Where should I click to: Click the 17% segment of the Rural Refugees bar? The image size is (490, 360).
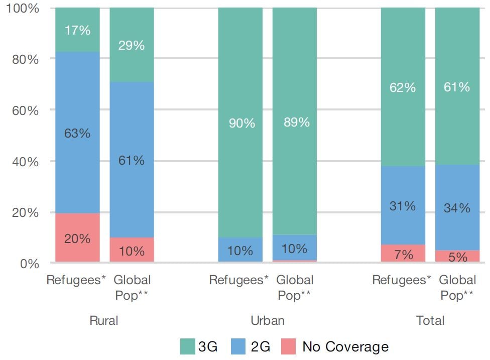coord(78,30)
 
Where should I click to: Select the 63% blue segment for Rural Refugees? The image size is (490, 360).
coord(78,133)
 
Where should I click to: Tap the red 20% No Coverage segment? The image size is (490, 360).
coord(78,237)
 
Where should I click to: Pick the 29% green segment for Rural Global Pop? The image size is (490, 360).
coord(132,45)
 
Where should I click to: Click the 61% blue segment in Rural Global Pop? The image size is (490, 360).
coord(132,160)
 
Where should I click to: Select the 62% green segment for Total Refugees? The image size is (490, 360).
coord(403,87)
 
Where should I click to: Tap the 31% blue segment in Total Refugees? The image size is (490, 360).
coord(403,205)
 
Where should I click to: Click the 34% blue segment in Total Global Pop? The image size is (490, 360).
coord(457,207)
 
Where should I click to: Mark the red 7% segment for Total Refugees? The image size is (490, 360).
coord(403,254)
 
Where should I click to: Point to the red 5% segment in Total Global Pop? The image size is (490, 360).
coord(457,256)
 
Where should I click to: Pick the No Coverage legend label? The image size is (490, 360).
coord(345,346)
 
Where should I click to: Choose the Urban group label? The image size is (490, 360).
coord(267,320)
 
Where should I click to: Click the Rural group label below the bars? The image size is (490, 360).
coord(104,320)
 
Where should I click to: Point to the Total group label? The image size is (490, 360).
coord(430,320)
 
